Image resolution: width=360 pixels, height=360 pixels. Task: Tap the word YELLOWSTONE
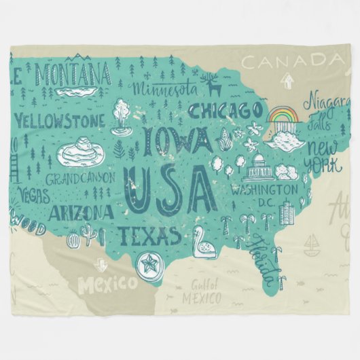[60, 121]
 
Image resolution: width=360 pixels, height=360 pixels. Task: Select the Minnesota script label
[165, 89]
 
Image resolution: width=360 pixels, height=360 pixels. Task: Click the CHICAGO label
[225, 109]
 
